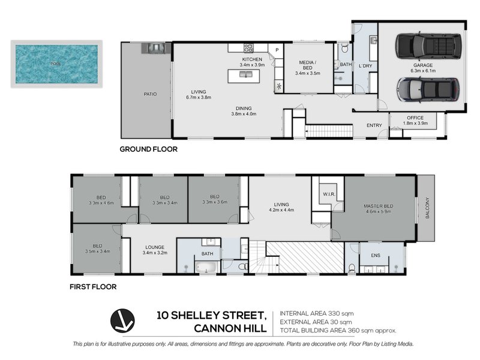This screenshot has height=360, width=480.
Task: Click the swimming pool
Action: click(x=56, y=63)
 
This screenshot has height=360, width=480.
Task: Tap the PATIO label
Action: click(x=142, y=94)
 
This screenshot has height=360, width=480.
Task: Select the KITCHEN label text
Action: click(x=252, y=59)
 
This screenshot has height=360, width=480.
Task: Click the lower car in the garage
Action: click(x=428, y=90)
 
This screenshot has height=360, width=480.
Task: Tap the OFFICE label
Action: click(x=415, y=118)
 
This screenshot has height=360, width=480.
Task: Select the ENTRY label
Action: click(x=374, y=125)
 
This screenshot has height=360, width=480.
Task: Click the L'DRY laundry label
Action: click(x=365, y=65)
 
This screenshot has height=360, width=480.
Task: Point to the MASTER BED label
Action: click(x=377, y=206)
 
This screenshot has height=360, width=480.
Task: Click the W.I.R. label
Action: click(x=328, y=194)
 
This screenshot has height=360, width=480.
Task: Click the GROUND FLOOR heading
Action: click(x=148, y=149)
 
